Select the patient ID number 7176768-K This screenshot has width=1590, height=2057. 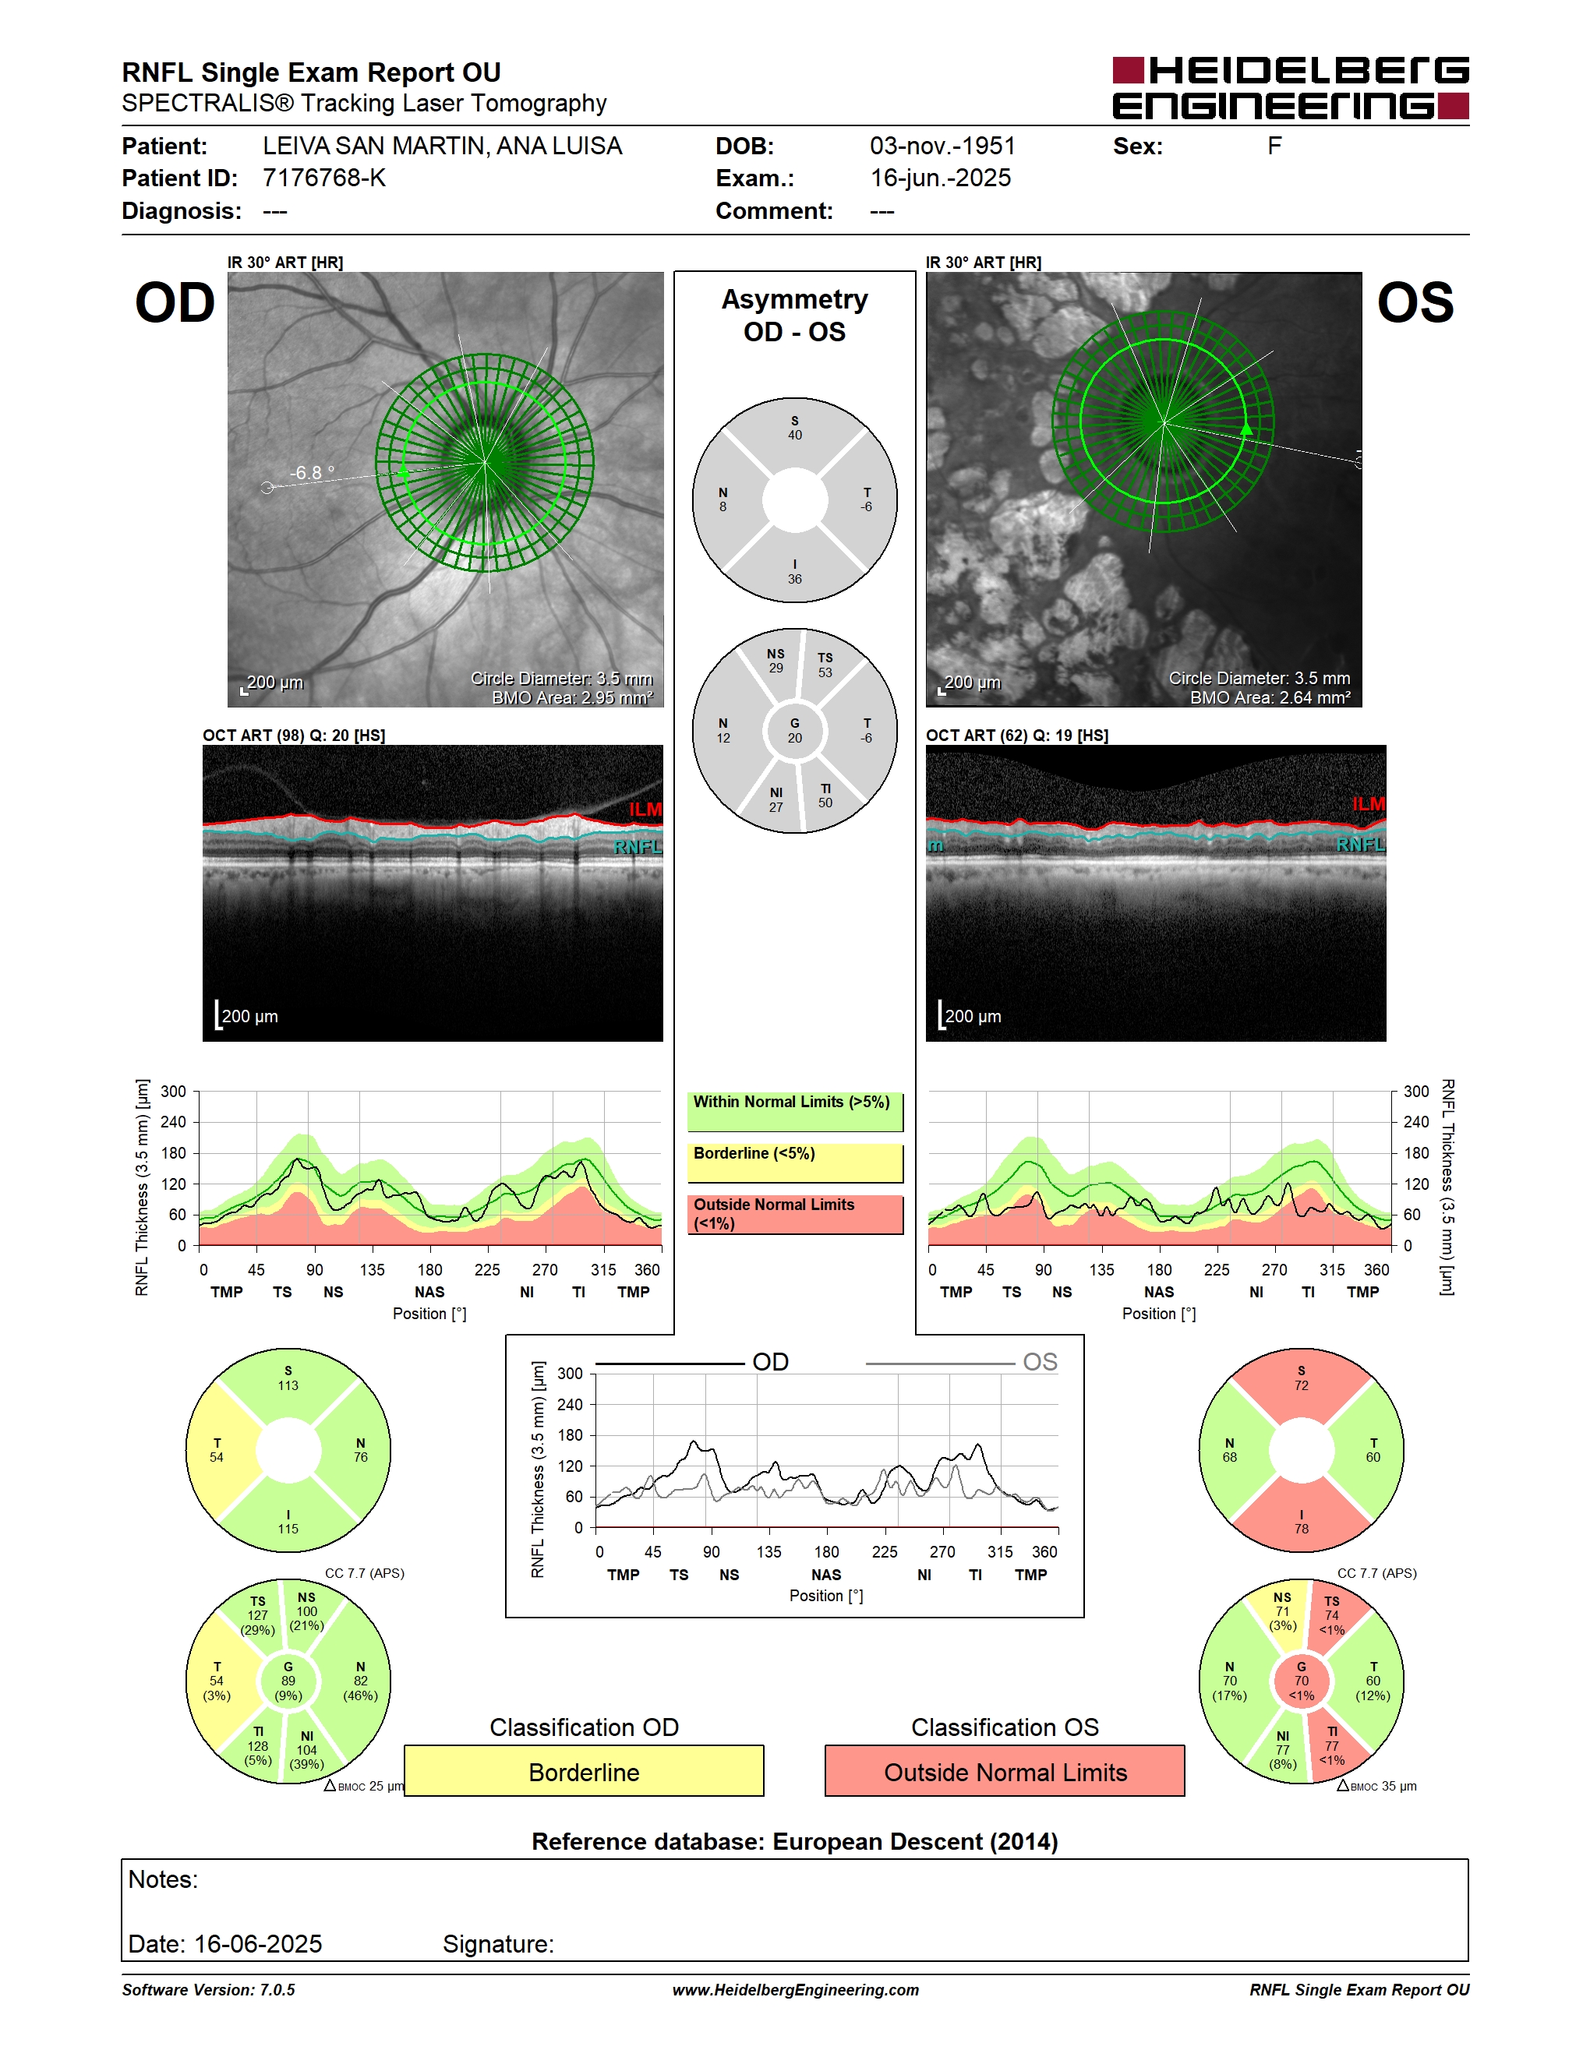click(x=324, y=178)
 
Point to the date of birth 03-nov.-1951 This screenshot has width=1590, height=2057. click(x=942, y=146)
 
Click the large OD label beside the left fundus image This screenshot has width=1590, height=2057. click(x=175, y=303)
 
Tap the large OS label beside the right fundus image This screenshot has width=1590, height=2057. click(x=1415, y=303)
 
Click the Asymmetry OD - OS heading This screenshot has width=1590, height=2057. click(x=794, y=316)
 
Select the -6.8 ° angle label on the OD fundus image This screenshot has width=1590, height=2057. click(x=312, y=473)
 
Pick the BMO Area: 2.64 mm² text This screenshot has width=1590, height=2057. click(x=1270, y=697)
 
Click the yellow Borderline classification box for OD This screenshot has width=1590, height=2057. click(x=584, y=1771)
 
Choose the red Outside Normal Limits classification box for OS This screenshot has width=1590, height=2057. click(x=1005, y=1771)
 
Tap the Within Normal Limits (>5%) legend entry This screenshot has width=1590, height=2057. click(x=795, y=1111)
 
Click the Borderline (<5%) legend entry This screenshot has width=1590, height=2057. click(x=795, y=1163)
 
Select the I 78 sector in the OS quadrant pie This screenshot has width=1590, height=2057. click(x=1301, y=1517)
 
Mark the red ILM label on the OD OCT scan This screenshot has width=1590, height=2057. click(x=645, y=809)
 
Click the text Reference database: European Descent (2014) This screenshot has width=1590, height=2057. click(x=795, y=1841)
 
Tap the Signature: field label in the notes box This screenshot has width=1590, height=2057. click(x=498, y=1944)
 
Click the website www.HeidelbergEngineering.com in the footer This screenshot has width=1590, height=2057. click(x=795, y=1990)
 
